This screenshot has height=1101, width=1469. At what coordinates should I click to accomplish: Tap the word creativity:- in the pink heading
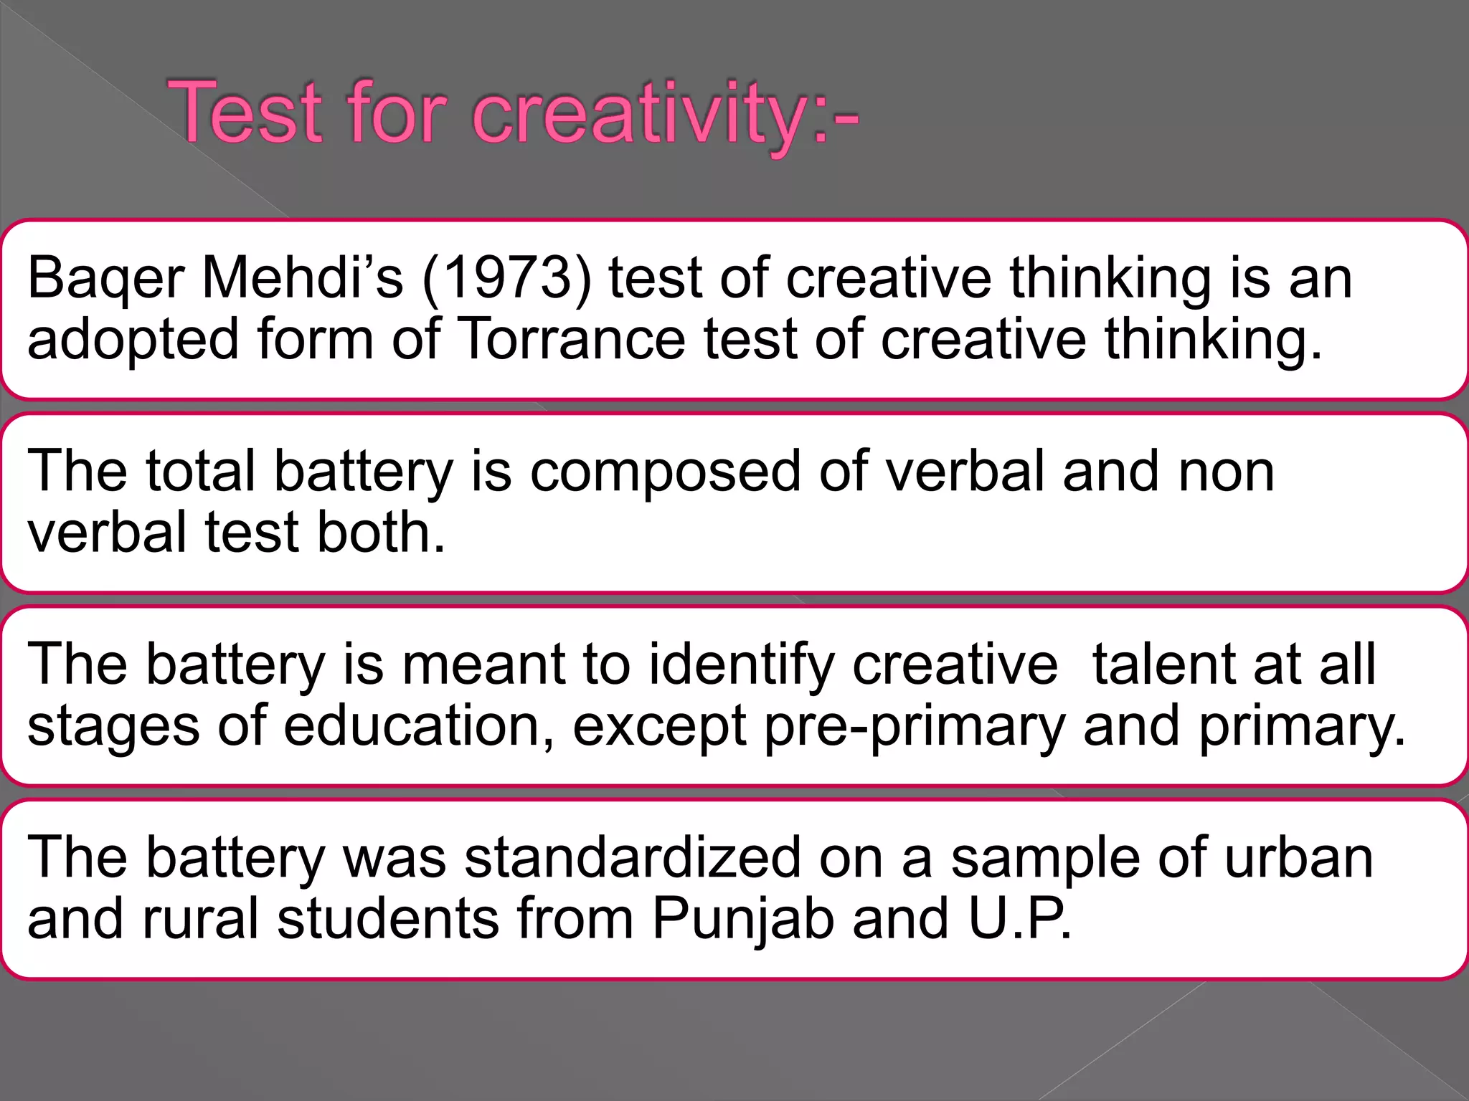[664, 115]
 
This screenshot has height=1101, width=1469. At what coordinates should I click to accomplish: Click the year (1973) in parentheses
[507, 279]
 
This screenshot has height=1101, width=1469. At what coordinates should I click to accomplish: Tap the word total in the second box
[201, 472]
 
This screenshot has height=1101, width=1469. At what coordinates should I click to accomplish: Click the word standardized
[632, 858]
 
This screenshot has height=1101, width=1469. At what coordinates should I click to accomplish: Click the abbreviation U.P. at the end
[1019, 920]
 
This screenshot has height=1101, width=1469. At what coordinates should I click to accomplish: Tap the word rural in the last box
[200, 920]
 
